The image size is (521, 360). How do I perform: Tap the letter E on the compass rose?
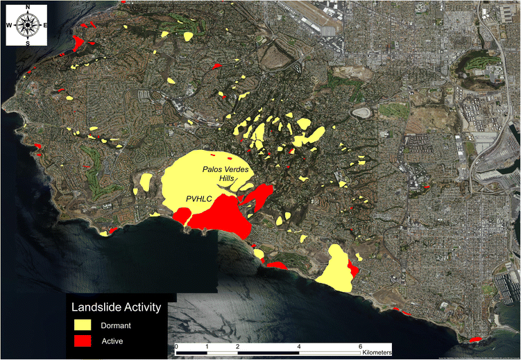(x=45, y=26)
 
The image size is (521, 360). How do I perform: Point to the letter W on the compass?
(x=10, y=26)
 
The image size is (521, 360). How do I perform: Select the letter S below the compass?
(x=28, y=43)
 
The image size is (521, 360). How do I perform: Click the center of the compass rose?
(x=28, y=26)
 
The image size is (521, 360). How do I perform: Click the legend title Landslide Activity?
(x=117, y=307)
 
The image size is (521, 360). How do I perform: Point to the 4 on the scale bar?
(x=299, y=345)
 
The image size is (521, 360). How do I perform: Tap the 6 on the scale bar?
(x=360, y=345)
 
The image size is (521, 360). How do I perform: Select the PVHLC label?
(x=198, y=199)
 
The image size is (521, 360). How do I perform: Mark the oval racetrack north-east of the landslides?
(x=361, y=112)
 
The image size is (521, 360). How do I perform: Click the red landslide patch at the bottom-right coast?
(x=476, y=339)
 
